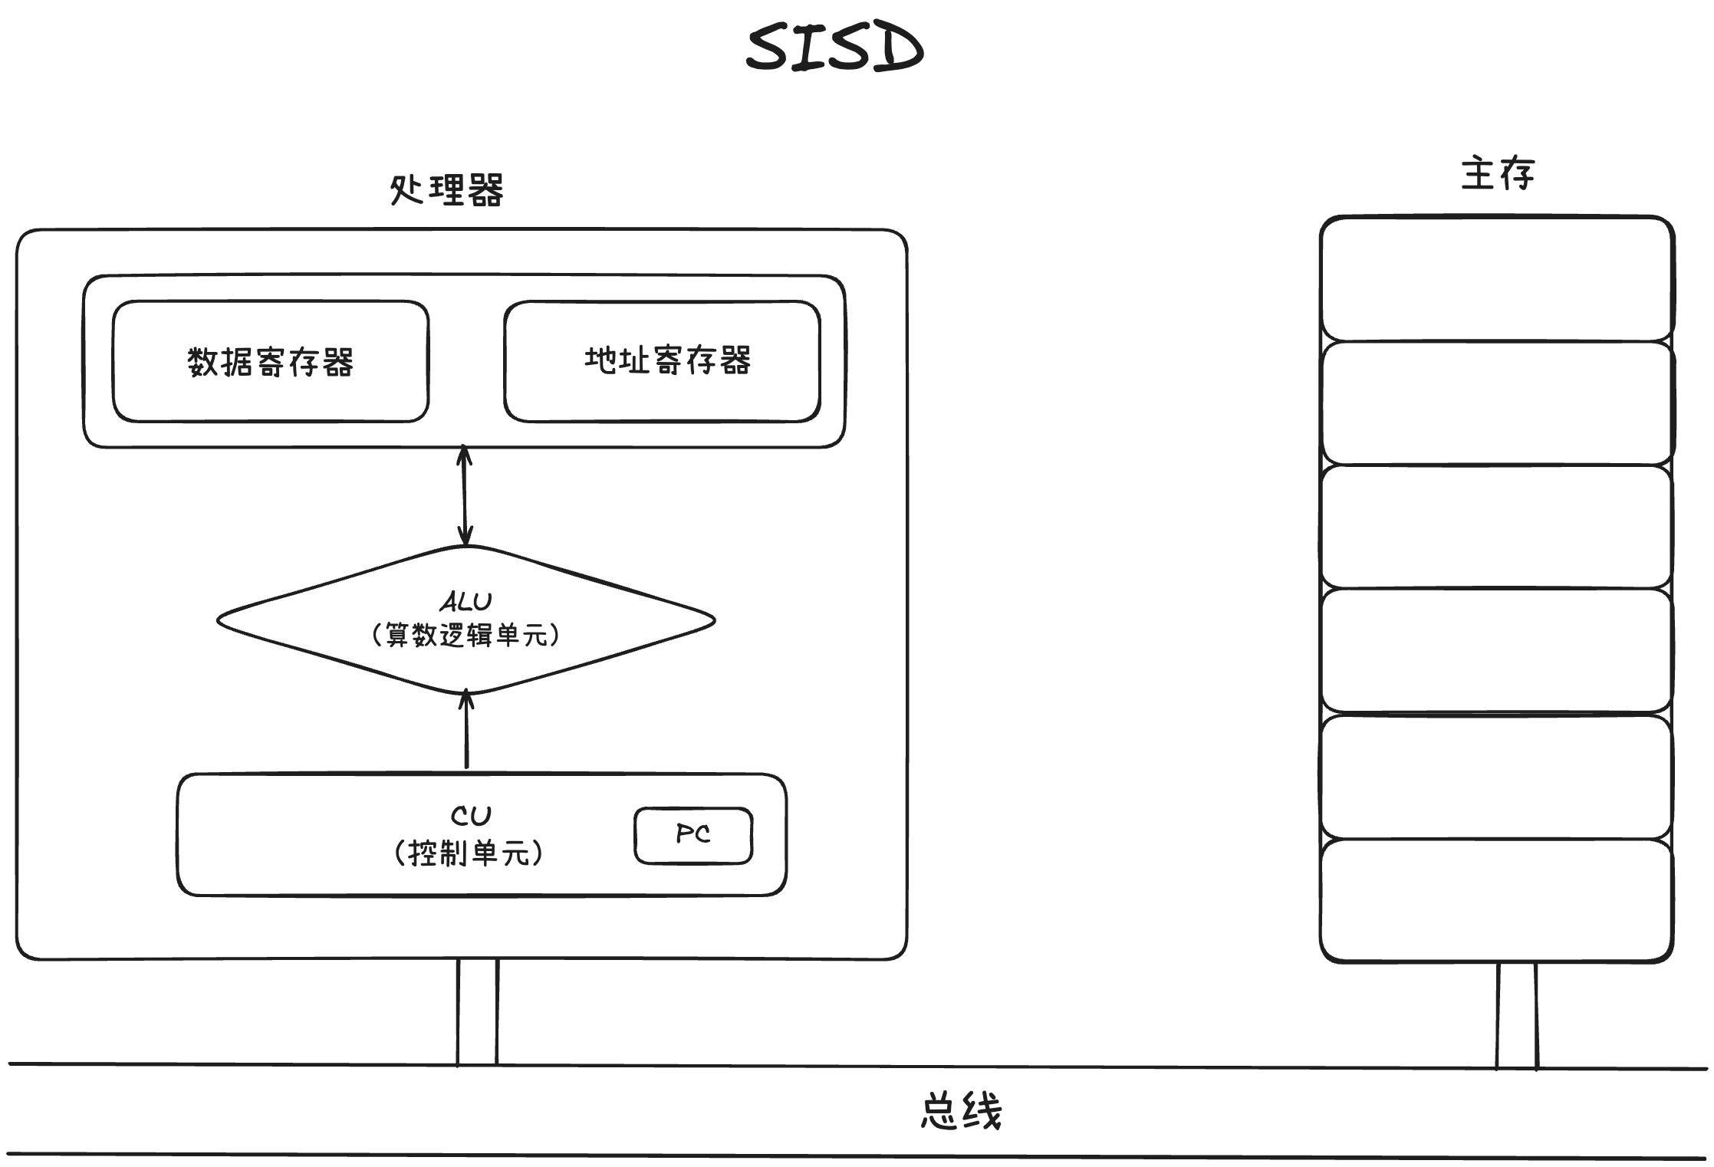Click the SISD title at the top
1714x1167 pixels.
[834, 48]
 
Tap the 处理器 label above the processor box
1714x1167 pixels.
[446, 190]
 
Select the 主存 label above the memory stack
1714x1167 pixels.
[1496, 173]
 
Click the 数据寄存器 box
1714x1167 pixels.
[270, 361]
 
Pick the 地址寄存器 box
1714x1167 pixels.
[663, 361]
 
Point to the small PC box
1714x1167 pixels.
[693, 835]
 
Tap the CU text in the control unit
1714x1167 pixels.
[470, 815]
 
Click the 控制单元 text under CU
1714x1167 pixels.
[469, 853]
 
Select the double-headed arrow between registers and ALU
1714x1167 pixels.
[465, 495]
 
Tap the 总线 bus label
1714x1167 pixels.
[961, 1111]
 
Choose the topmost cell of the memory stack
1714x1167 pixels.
[1496, 278]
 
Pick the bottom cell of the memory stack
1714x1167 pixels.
[1496, 900]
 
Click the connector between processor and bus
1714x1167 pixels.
[477, 1012]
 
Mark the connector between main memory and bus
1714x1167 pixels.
[1516, 1015]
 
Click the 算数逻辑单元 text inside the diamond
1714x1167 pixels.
[466, 635]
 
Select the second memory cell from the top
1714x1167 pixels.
[1496, 403]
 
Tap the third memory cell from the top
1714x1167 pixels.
[1496, 526]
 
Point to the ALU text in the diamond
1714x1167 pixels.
[466, 601]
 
